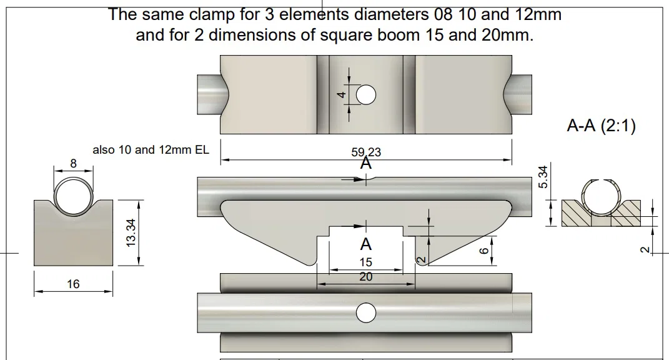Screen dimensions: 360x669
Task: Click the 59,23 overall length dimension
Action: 366,152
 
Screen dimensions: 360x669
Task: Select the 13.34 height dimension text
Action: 131,232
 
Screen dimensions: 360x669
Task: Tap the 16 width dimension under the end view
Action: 73,284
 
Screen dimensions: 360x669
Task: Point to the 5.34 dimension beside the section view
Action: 542,177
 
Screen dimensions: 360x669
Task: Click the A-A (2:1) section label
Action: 601,126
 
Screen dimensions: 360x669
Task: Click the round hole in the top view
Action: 366,95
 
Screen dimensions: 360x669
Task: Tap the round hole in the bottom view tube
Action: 366,313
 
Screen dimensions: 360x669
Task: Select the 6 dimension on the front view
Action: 483,250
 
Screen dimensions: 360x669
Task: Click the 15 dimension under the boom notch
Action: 366,262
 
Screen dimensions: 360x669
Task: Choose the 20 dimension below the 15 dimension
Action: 366,277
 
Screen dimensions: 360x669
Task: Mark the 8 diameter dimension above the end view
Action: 73,164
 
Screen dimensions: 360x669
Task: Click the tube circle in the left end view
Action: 73,196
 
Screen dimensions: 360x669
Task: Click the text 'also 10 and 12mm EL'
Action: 151,150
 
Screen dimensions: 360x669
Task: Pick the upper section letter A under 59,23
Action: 366,164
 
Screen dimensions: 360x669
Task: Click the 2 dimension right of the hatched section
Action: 645,249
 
